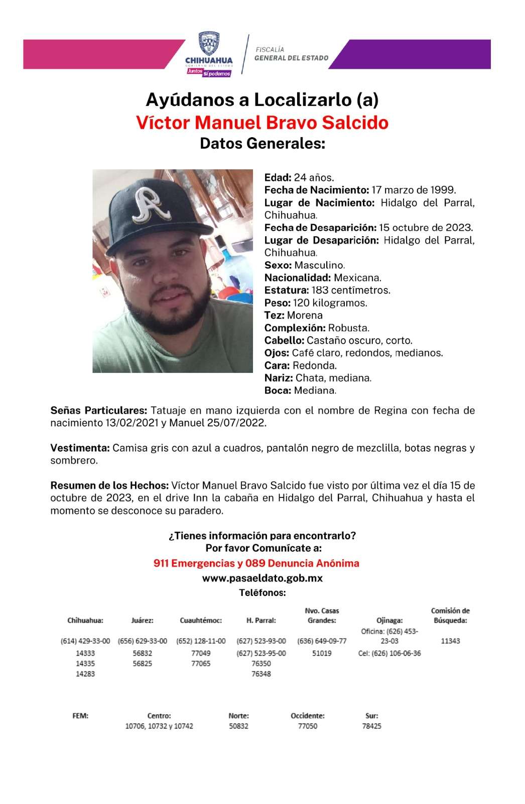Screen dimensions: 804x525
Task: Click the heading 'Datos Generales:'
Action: [x=262, y=144]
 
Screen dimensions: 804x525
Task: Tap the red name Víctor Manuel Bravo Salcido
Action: [x=262, y=123]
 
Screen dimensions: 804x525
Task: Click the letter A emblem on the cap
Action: [x=146, y=205]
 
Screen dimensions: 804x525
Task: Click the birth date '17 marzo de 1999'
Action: [x=413, y=190]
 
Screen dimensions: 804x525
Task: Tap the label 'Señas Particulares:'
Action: [x=99, y=411]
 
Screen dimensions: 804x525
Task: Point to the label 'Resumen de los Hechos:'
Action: [x=109, y=486]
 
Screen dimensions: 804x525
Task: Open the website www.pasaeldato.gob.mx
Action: [x=262, y=578]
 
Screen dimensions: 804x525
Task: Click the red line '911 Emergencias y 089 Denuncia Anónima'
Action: [x=256, y=563]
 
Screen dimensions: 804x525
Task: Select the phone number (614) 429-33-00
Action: [x=85, y=641]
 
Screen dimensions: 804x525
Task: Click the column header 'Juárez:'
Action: [x=142, y=621]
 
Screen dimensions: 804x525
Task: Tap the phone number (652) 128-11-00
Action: [x=201, y=641]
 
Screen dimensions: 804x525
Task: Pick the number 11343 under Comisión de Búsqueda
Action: [x=450, y=641]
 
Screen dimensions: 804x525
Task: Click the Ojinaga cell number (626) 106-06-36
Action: [x=389, y=654]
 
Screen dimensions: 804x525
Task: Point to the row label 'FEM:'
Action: [x=80, y=716]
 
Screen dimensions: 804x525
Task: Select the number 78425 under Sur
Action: [x=372, y=726]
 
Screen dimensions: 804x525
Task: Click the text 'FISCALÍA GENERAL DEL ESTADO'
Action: [x=292, y=54]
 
